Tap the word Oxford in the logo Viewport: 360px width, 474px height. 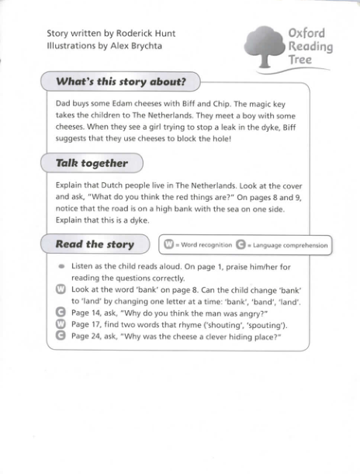[306, 33]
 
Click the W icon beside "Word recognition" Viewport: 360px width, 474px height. [168, 245]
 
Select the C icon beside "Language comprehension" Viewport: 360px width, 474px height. [241, 245]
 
